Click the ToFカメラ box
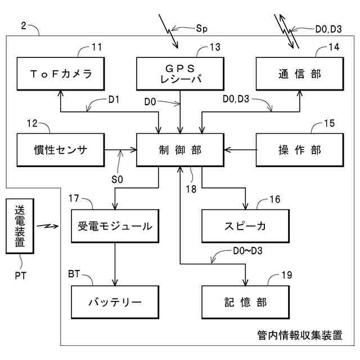[61, 74]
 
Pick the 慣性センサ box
[61, 150]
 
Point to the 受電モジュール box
[115, 227]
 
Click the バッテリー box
[115, 301]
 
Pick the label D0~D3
[247, 251]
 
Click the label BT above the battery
[74, 273]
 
